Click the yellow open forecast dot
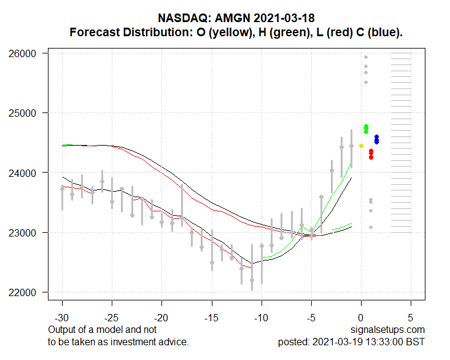(361, 146)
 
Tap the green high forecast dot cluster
(366, 128)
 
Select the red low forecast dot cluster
(371, 154)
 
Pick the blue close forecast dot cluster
(376, 139)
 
